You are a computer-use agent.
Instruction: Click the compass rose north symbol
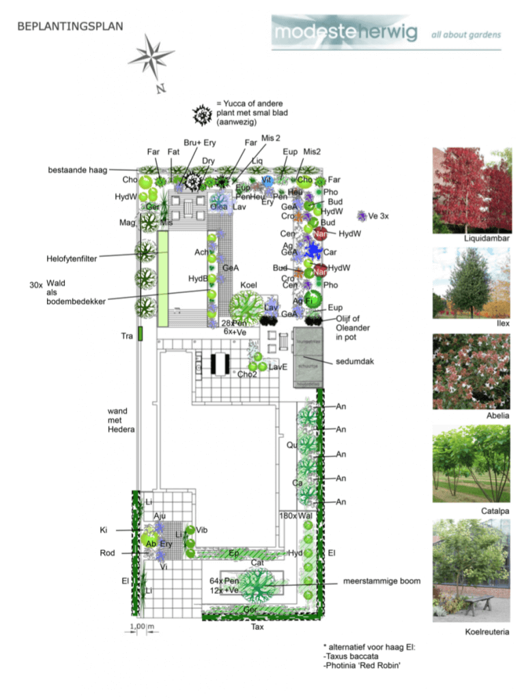tap(151, 58)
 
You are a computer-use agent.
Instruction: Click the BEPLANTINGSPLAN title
tap(70, 27)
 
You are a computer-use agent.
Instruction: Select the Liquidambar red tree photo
tap(472, 189)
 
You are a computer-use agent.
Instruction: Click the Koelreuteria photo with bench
tap(472, 571)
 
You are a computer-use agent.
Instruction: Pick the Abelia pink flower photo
tap(472, 371)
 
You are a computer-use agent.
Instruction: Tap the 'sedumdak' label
tap(353, 361)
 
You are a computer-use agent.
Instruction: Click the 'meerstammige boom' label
tap(381, 581)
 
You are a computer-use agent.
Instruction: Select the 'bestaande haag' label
tap(78, 169)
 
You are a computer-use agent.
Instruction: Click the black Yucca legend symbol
tap(203, 115)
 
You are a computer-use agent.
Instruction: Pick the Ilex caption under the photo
tap(503, 323)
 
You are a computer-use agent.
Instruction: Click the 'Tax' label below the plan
tap(257, 626)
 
